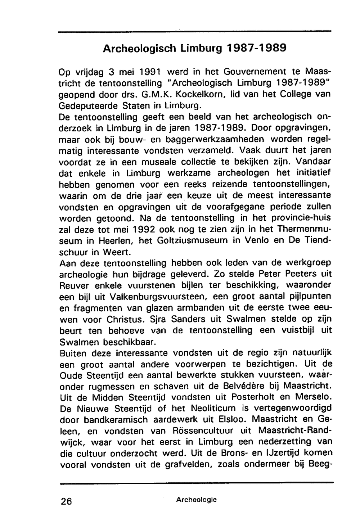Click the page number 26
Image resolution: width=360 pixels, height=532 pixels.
point(67,501)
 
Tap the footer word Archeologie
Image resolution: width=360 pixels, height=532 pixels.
point(196,500)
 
